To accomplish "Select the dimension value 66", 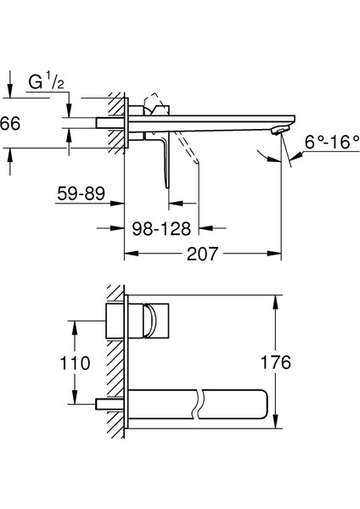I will coord(11,124).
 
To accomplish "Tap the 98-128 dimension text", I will coord(160,228).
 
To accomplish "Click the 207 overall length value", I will coord(203,254).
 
